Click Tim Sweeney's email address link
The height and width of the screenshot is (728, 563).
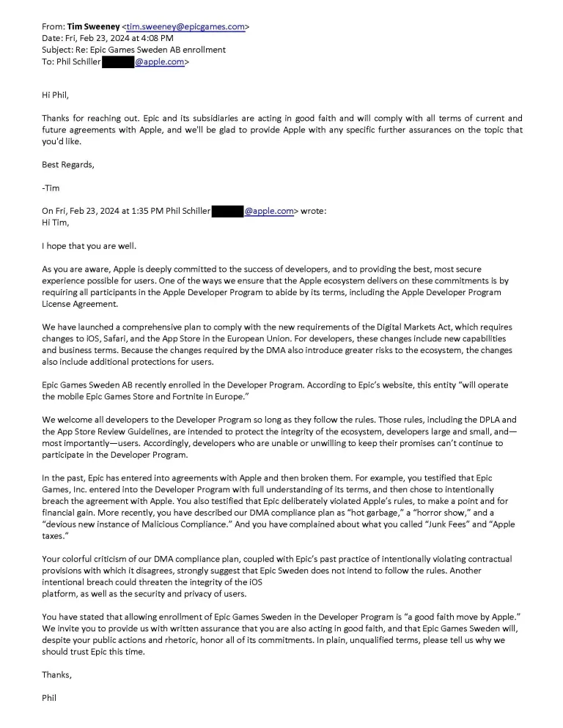click(x=185, y=26)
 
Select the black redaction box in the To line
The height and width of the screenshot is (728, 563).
click(x=117, y=62)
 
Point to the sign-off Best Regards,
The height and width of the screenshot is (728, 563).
click(x=68, y=164)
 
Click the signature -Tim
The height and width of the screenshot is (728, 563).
click(x=51, y=187)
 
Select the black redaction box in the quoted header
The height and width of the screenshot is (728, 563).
click(x=227, y=211)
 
